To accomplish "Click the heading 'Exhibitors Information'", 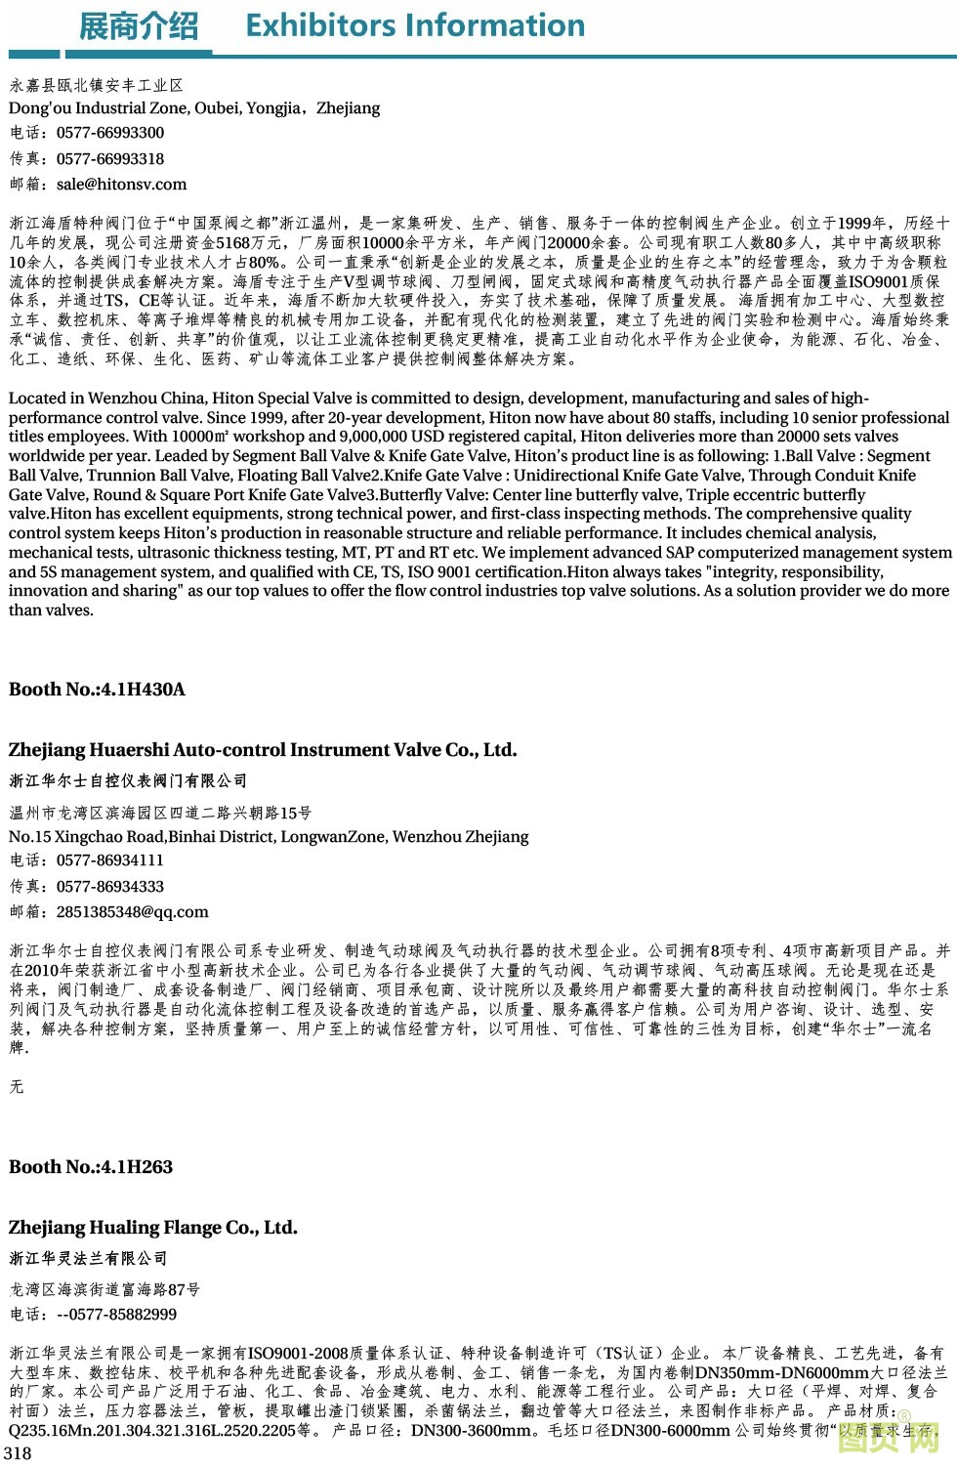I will (x=415, y=25).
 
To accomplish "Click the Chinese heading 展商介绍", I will (x=138, y=26).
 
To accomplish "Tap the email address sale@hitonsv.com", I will (x=121, y=184).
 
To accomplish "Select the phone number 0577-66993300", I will (x=110, y=133).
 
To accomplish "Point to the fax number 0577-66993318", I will (x=110, y=158).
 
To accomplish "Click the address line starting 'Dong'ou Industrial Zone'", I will (x=194, y=107).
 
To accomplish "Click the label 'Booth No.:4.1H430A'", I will (x=97, y=689).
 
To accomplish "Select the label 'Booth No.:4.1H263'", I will (x=91, y=1166).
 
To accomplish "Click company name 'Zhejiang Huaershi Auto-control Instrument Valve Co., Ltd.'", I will (x=263, y=750).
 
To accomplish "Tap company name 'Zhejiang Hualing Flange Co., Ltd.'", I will (x=153, y=1228).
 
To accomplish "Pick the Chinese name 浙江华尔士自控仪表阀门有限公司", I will (x=128, y=780).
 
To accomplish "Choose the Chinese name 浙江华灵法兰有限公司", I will (x=88, y=1258).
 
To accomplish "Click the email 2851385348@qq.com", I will (x=132, y=911).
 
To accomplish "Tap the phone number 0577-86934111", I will (x=110, y=860).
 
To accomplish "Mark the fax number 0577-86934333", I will (x=110, y=886).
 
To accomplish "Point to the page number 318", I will (x=19, y=1452).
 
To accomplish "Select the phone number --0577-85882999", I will (x=116, y=1315).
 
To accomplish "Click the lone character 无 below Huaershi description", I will (x=17, y=1086).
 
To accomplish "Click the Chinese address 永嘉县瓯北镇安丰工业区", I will (x=97, y=86).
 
